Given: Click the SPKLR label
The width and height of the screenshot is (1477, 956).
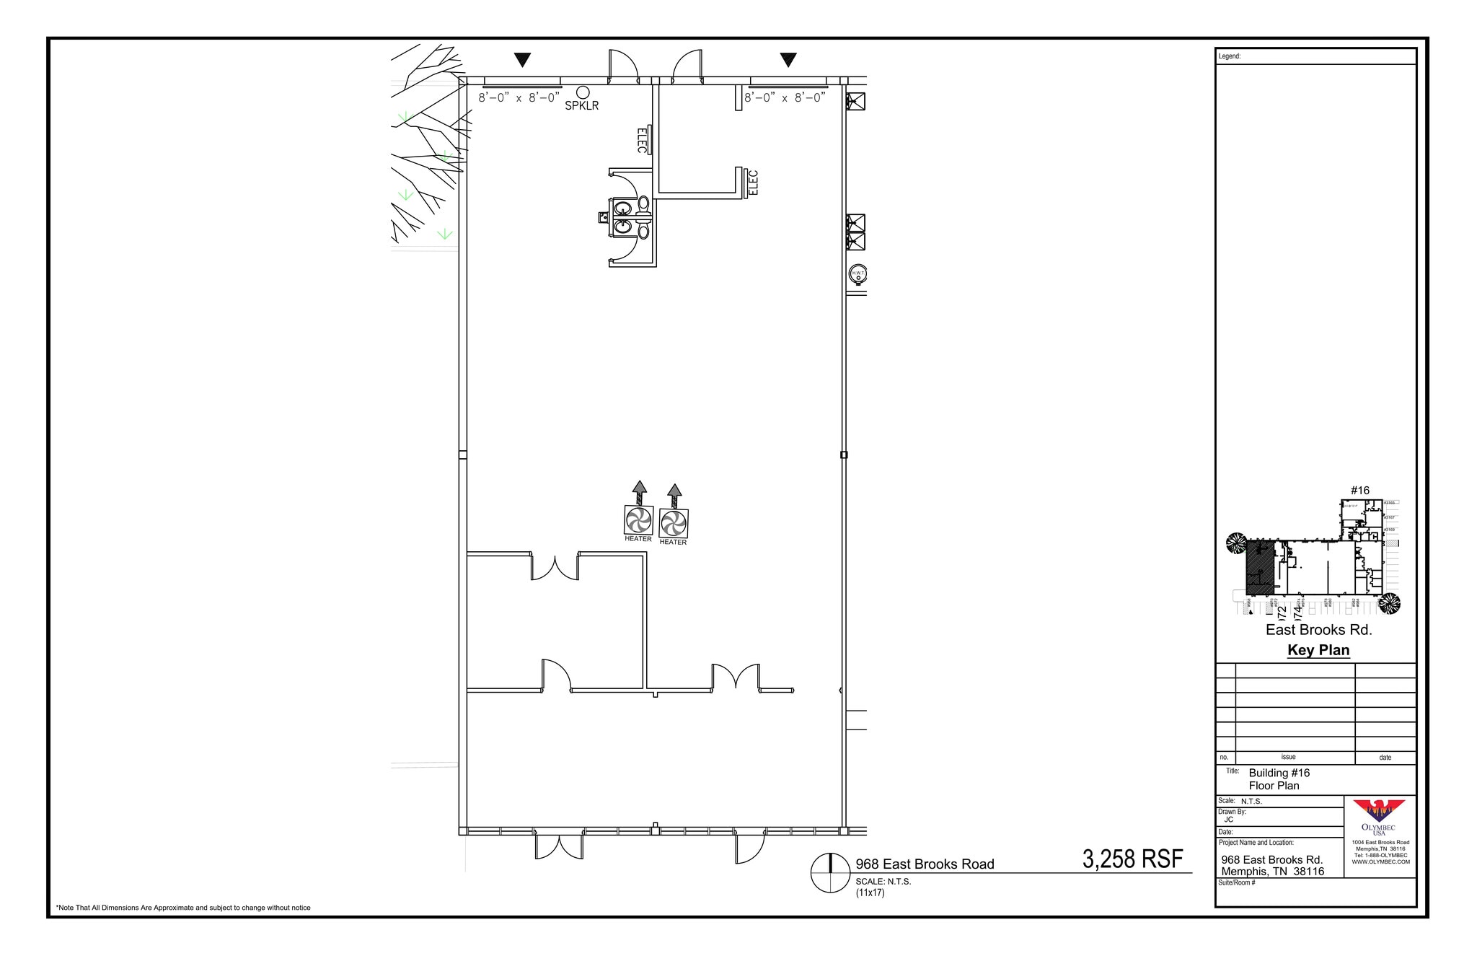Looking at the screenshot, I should click(x=581, y=106).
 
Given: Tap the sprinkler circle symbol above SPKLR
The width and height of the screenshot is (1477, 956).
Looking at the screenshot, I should click(x=583, y=92).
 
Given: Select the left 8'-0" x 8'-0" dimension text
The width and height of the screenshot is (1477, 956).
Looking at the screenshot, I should click(x=519, y=98).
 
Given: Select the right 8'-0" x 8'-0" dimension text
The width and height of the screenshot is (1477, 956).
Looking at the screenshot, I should click(x=785, y=98).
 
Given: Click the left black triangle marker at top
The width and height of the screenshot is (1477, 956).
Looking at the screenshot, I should click(x=522, y=60).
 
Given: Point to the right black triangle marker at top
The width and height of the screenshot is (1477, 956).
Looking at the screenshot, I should click(x=788, y=60).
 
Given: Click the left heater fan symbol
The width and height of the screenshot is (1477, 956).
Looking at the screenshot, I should click(x=638, y=519).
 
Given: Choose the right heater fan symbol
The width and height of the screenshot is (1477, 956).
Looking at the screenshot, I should click(x=674, y=523).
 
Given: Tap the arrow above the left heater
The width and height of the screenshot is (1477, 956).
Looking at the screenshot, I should click(x=639, y=492).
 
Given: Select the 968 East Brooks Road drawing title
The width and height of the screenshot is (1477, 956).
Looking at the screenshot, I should click(x=925, y=864).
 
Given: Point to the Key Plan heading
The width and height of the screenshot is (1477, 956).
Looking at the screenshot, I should click(x=1318, y=650).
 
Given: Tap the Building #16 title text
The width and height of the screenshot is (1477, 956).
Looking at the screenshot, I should click(x=1279, y=773).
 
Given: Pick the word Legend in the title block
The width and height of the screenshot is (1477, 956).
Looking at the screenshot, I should click(x=1230, y=56).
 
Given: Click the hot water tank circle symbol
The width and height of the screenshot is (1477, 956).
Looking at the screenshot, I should click(x=857, y=274).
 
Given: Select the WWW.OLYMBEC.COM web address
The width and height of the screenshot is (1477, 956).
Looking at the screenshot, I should click(x=1380, y=861).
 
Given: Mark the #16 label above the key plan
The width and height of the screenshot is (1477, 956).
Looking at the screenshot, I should click(x=1359, y=491).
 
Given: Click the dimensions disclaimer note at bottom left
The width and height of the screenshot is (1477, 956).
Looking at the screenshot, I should click(x=183, y=908).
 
